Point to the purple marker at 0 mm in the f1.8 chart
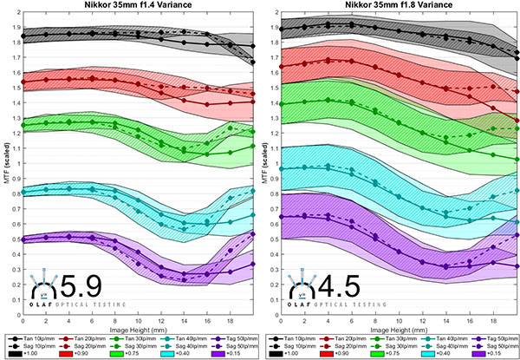pyautogui.click(x=279, y=217)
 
